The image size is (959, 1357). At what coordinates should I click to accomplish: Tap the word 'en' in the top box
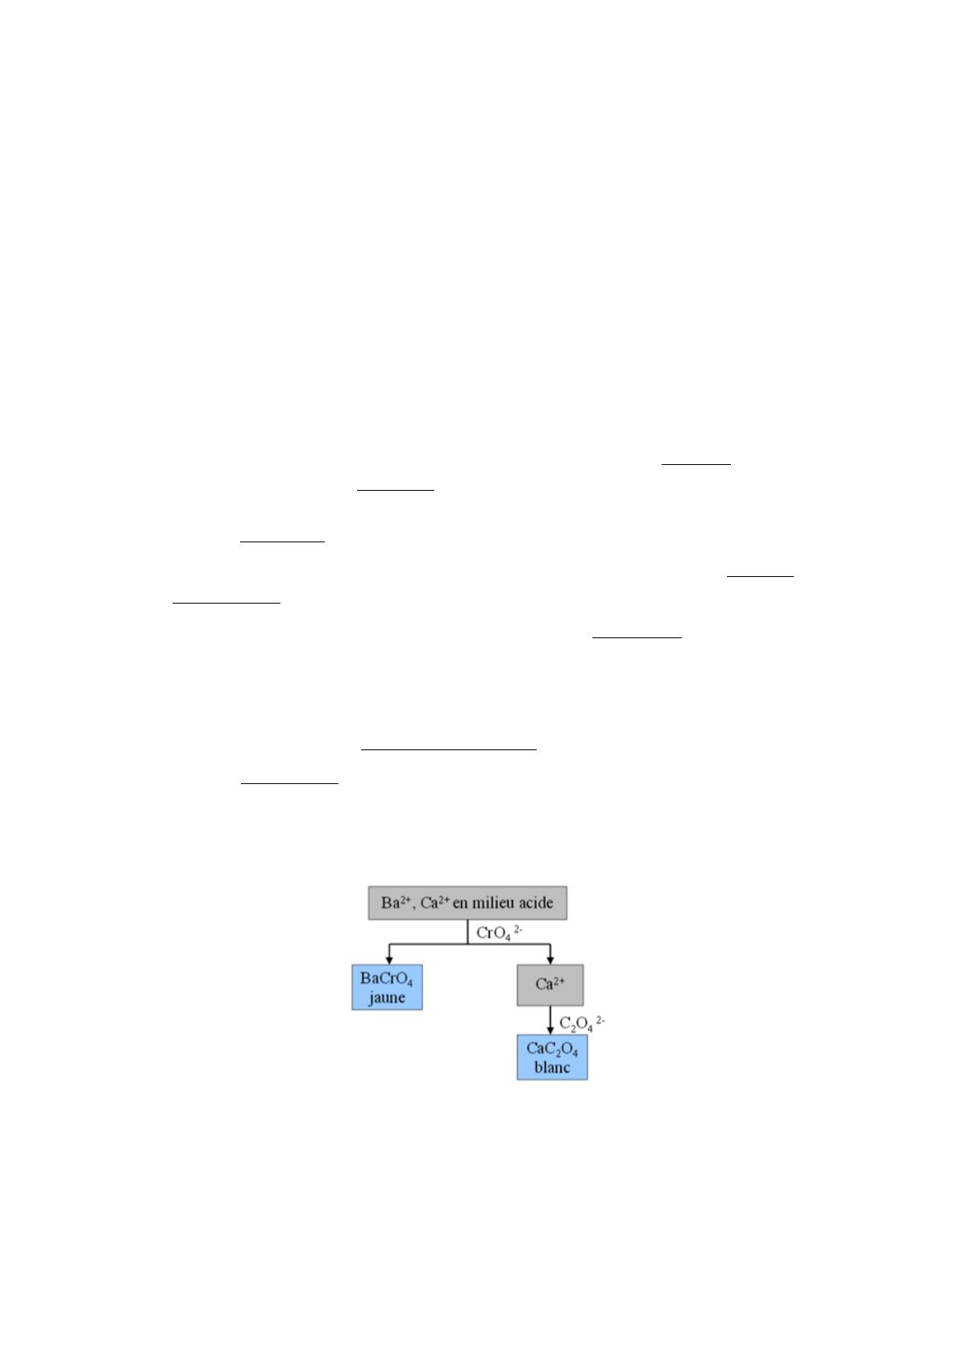[459, 903]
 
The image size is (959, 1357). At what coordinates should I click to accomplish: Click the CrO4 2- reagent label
[499, 933]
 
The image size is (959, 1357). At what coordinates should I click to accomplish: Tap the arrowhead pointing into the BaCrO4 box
[389, 961]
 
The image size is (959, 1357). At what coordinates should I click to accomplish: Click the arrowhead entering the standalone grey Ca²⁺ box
[550, 961]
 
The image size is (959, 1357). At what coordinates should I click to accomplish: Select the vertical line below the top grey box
[467, 932]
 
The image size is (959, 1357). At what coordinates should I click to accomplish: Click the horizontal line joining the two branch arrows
[470, 944]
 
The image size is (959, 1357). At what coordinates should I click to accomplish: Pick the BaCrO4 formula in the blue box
[387, 979]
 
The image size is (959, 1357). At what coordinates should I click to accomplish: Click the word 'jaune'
[387, 997]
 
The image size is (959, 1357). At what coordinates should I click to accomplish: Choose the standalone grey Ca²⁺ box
[550, 985]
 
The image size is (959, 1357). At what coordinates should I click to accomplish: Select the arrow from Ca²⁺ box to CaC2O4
[550, 1020]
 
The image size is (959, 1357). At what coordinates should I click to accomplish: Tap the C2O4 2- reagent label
[582, 1023]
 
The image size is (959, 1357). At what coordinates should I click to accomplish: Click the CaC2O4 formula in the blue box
[552, 1049]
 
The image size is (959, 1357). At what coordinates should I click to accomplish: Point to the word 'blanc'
[552, 1068]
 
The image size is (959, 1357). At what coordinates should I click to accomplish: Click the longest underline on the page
[448, 749]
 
